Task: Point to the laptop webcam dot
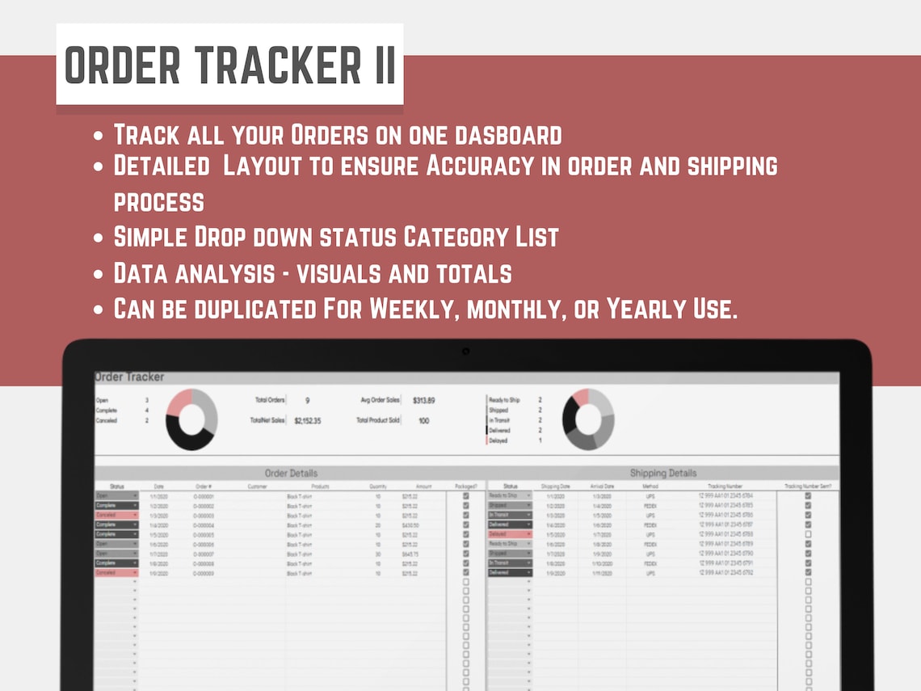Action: [466, 351]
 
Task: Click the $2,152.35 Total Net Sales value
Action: [307, 421]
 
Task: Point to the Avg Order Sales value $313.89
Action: [423, 401]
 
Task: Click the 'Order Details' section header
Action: [291, 473]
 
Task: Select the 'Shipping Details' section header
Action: [662, 473]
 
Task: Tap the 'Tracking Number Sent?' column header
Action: [807, 487]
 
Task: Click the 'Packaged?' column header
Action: [466, 487]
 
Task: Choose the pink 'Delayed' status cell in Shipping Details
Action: [510, 534]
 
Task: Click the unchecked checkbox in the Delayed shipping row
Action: [808, 534]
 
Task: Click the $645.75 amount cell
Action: [411, 554]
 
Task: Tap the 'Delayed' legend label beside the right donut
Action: [498, 440]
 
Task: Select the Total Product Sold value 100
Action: [424, 421]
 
